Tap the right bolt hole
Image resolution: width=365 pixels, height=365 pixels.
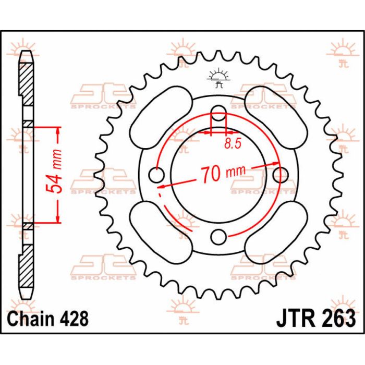click(282, 173)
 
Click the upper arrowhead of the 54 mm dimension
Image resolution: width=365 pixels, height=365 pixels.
click(58, 130)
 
